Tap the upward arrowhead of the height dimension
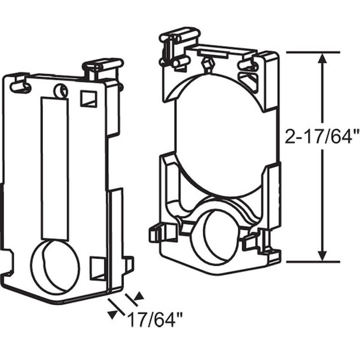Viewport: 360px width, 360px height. [322, 59]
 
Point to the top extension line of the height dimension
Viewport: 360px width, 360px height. [313, 53]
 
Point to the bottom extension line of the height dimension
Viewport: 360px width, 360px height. [313, 262]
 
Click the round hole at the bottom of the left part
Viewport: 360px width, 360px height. [56, 267]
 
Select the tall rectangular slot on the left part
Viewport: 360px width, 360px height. [55, 169]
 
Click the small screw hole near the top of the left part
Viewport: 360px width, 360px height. [61, 91]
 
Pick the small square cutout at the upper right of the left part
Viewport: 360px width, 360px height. [88, 99]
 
